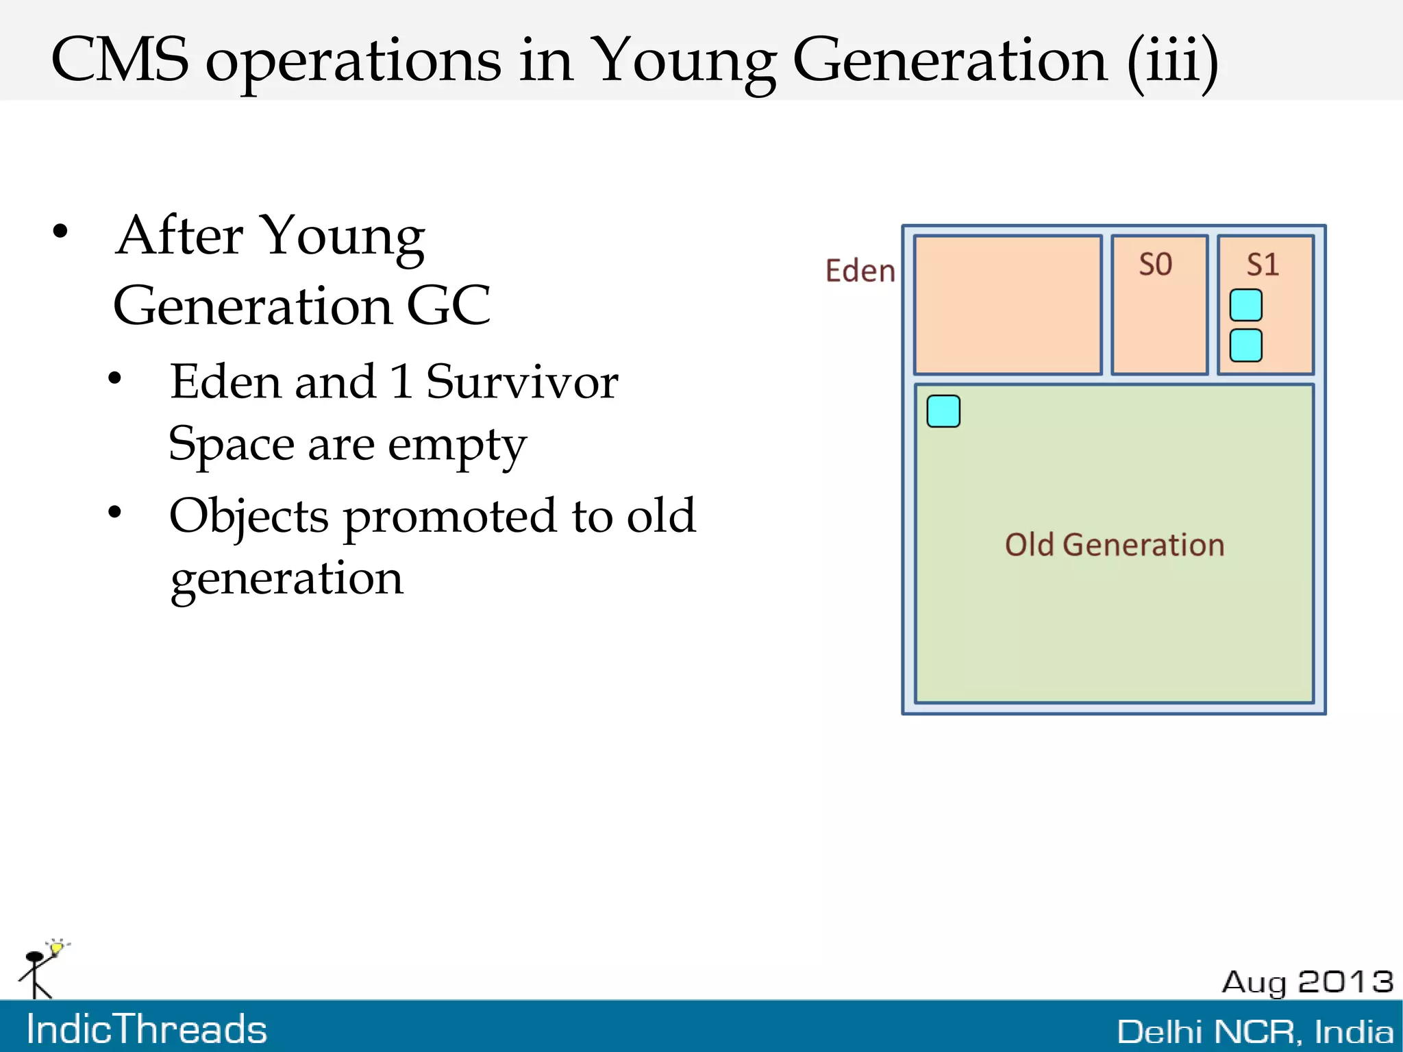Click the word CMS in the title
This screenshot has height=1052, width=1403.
(119, 60)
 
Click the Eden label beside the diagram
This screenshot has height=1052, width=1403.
(860, 271)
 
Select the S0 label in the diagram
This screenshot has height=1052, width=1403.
(1156, 265)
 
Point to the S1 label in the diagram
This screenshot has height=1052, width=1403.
(1263, 265)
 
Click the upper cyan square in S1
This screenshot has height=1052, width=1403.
(1245, 305)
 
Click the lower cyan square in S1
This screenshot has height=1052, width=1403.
(1245, 345)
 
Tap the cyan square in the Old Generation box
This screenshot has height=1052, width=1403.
(943, 411)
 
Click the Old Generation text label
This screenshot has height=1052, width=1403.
(1114, 545)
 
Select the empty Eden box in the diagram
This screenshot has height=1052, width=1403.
(1007, 305)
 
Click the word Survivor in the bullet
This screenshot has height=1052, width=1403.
(522, 382)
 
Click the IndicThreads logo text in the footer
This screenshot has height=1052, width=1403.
(147, 1029)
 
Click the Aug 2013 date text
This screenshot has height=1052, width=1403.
(1307, 982)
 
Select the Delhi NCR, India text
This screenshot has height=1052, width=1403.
(1255, 1031)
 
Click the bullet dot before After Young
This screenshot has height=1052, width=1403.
(60, 232)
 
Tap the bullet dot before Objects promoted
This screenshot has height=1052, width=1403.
(115, 512)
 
